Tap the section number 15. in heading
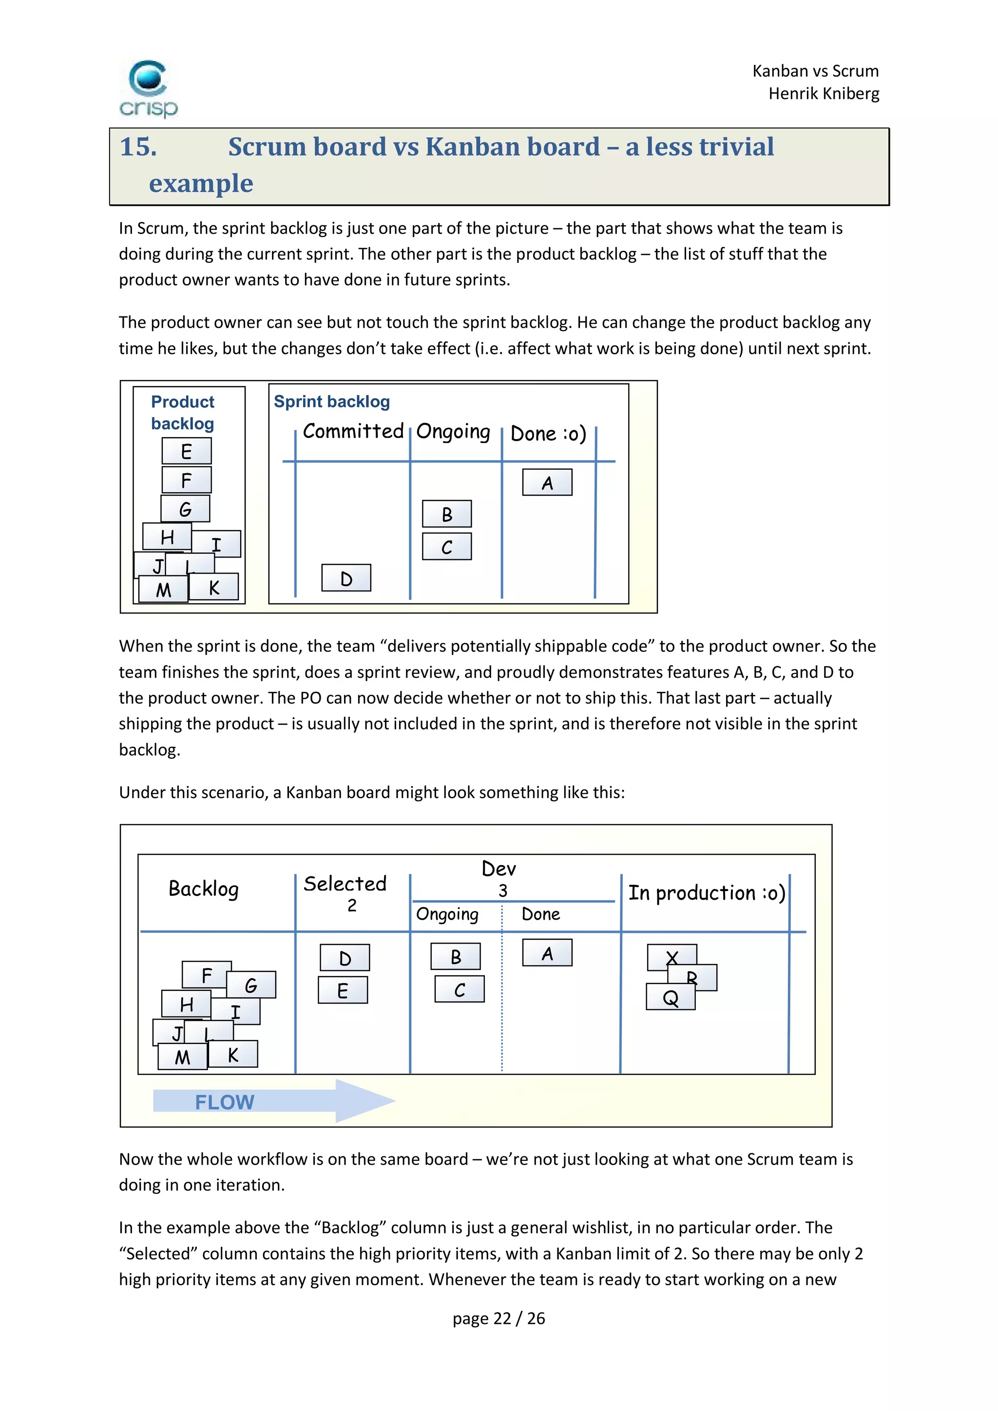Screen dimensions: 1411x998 pyautogui.click(x=138, y=147)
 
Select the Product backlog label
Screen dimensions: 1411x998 pyautogui.click(x=183, y=412)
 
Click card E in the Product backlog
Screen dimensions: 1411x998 pyautogui.click(x=186, y=451)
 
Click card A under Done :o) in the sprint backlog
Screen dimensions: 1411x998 pyautogui.click(x=547, y=483)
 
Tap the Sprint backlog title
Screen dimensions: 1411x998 pyautogui.click(x=331, y=401)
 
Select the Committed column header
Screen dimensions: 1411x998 pyautogui.click(x=353, y=431)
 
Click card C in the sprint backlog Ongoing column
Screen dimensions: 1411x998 pyautogui.click(x=446, y=546)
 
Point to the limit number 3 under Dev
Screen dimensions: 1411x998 pyautogui.click(x=502, y=891)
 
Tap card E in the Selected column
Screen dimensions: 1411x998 pyautogui.click(x=343, y=990)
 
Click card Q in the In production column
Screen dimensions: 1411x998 pyautogui.click(x=670, y=997)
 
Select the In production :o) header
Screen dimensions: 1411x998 pyautogui.click(x=706, y=893)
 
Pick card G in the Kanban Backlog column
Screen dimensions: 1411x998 pyautogui.click(x=251, y=984)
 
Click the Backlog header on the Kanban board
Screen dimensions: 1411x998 pyautogui.click(x=204, y=889)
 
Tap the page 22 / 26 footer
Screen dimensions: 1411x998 pyautogui.click(x=499, y=1318)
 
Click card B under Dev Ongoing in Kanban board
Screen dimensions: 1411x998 pyautogui.click(x=455, y=957)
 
